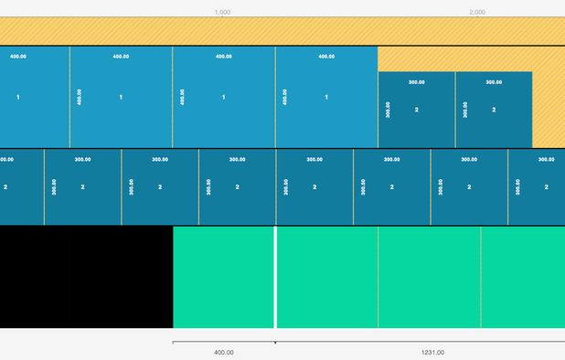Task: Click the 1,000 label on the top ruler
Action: click(222, 12)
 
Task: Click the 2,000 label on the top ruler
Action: click(477, 12)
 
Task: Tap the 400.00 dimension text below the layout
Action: click(223, 352)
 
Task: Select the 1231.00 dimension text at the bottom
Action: click(432, 352)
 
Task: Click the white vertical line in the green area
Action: click(275, 278)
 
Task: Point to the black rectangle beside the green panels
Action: click(86, 278)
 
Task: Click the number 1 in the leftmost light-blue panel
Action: click(18, 97)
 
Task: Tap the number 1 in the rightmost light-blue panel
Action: click(326, 97)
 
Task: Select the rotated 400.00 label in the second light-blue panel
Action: click(80, 97)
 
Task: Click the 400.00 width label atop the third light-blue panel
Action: click(223, 57)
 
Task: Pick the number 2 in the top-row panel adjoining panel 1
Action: click(417, 110)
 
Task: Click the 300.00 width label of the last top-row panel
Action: click(494, 82)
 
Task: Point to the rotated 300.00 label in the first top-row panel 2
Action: click(388, 110)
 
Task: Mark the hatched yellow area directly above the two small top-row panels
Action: click(454, 59)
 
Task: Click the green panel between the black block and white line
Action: click(223, 278)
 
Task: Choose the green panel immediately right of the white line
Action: click(327, 278)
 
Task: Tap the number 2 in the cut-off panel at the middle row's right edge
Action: click(546, 186)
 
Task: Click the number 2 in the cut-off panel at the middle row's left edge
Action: click(5, 186)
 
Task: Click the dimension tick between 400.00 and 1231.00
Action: click(275, 343)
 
